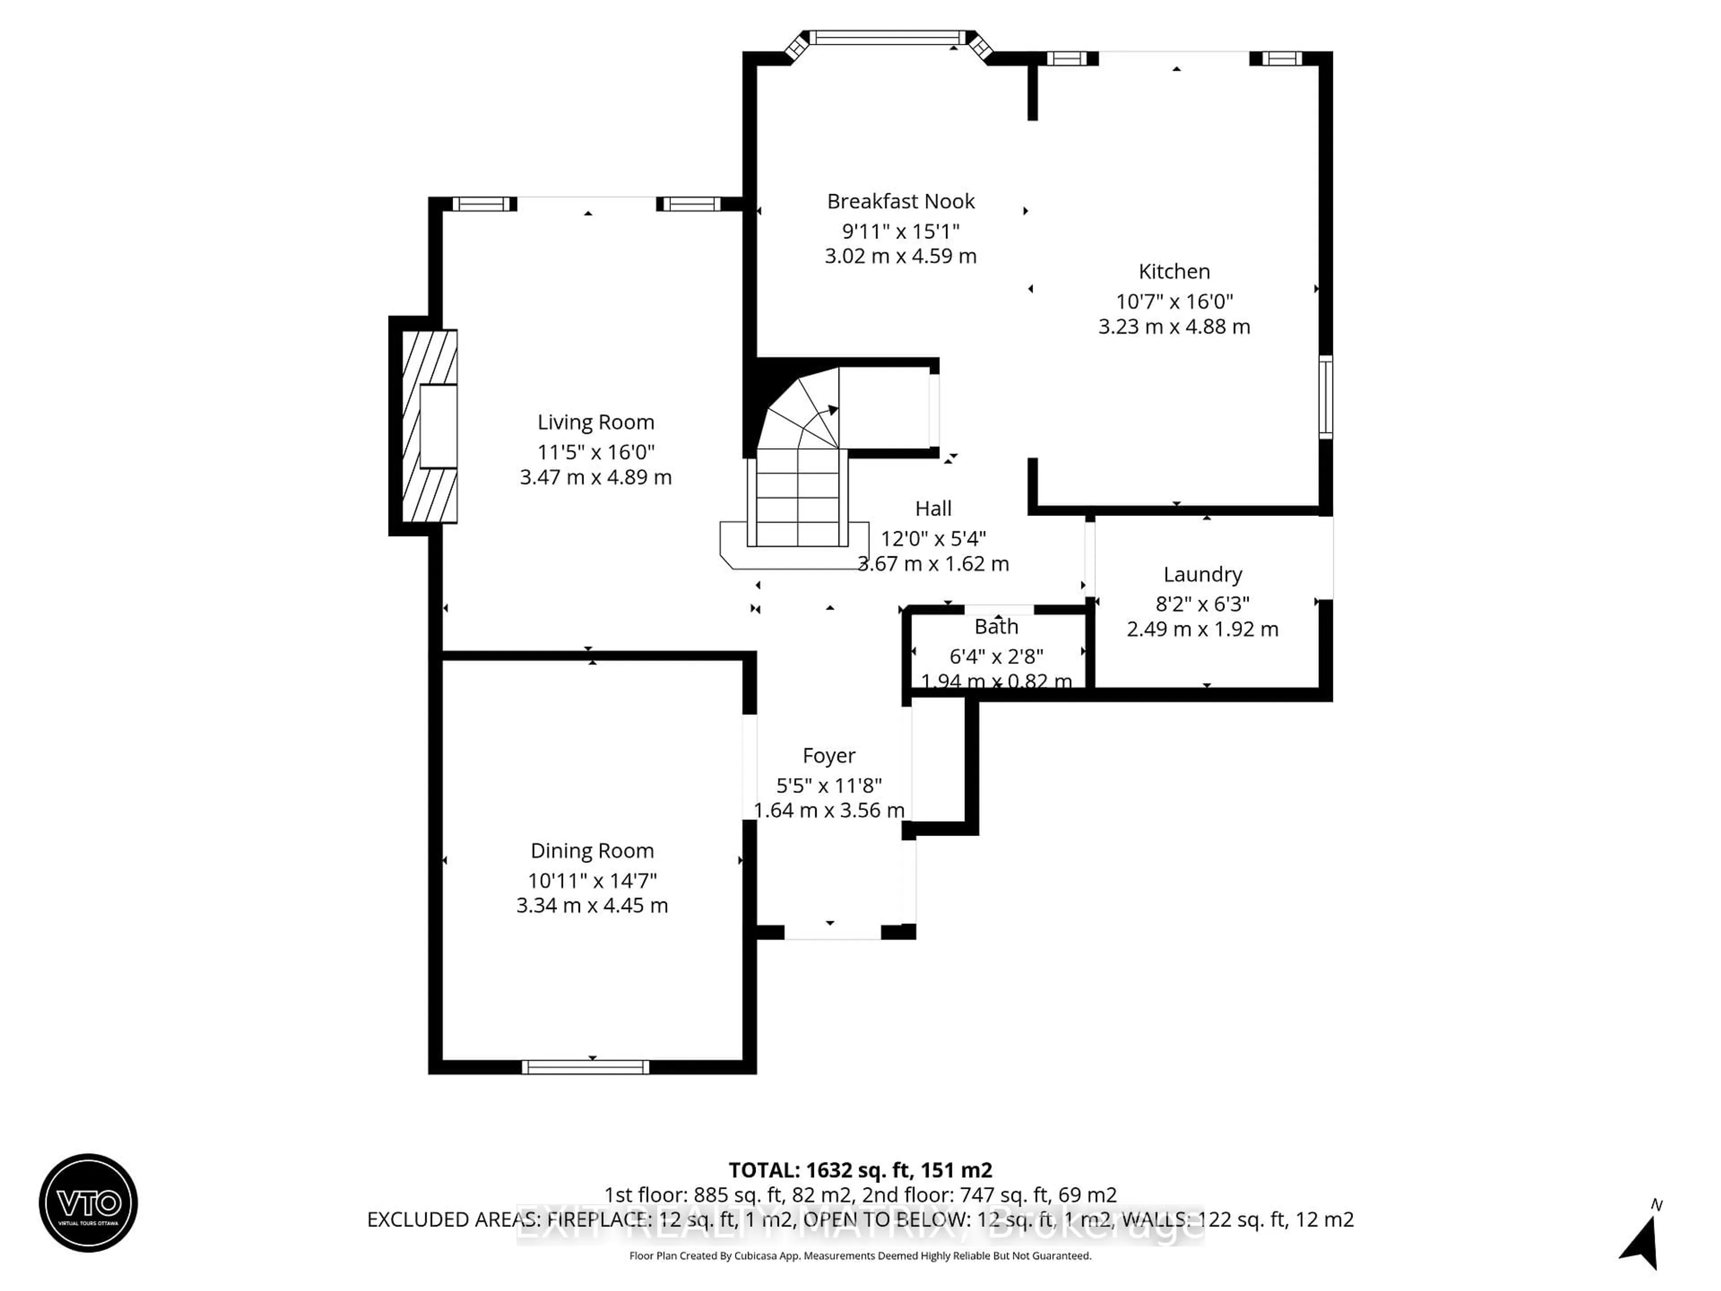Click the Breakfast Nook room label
point(900,202)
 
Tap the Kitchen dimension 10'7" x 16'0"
point(1174,301)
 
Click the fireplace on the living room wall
point(429,426)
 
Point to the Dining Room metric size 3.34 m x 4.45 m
point(592,905)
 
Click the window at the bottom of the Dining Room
point(585,1067)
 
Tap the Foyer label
point(829,756)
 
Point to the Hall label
point(933,509)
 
